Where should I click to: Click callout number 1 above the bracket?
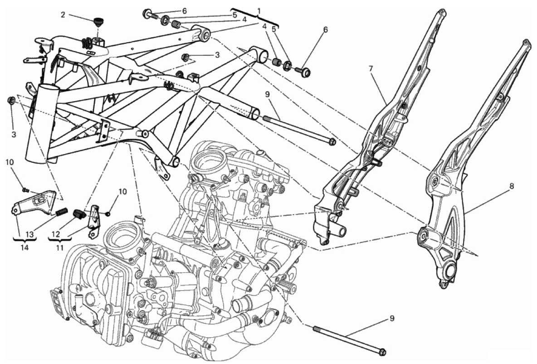click(x=259, y=11)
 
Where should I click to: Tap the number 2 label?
click(x=63, y=15)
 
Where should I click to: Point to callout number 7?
click(x=371, y=69)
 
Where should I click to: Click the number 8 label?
click(x=511, y=186)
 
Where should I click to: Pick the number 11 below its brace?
click(x=60, y=247)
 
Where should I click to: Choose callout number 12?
click(x=55, y=234)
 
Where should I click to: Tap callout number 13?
click(x=30, y=234)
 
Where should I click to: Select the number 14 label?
click(x=24, y=247)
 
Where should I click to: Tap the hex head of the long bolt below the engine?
click(x=383, y=352)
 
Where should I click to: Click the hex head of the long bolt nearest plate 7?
click(x=331, y=141)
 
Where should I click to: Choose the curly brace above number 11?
click(x=60, y=241)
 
